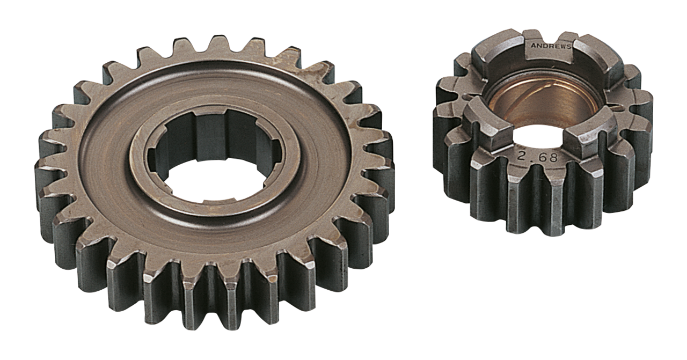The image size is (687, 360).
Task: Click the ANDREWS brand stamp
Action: pyautogui.click(x=551, y=46)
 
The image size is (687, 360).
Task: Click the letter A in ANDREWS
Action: pyautogui.click(x=533, y=46)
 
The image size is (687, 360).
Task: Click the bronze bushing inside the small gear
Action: pyautogui.click(x=542, y=99)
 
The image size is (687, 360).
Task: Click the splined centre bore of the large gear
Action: pyautogui.click(x=215, y=161)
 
